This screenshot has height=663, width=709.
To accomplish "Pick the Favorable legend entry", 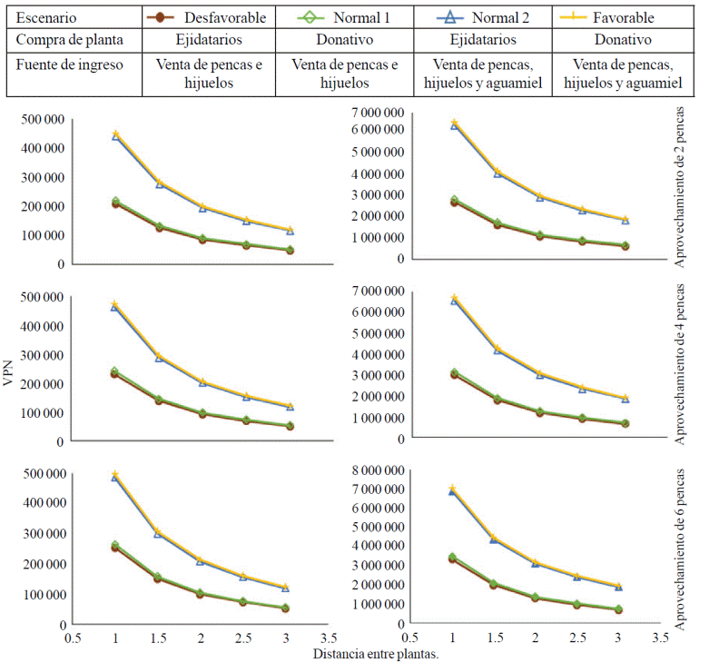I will (621, 17).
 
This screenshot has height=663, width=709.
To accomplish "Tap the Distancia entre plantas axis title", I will (369, 653).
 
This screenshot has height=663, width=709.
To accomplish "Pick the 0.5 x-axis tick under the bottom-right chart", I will (410, 638).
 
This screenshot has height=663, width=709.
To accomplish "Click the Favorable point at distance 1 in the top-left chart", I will (115, 134).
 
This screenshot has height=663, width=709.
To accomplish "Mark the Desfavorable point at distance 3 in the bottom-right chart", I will (618, 610).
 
